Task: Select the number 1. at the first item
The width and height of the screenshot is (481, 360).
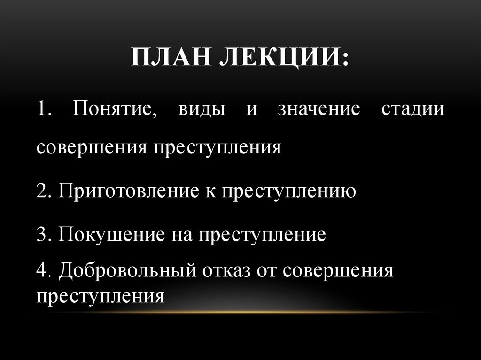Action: pos(46,109)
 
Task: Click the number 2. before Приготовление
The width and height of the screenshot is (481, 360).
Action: pos(45,191)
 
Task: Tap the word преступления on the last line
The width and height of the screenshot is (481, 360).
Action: pos(101,296)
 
